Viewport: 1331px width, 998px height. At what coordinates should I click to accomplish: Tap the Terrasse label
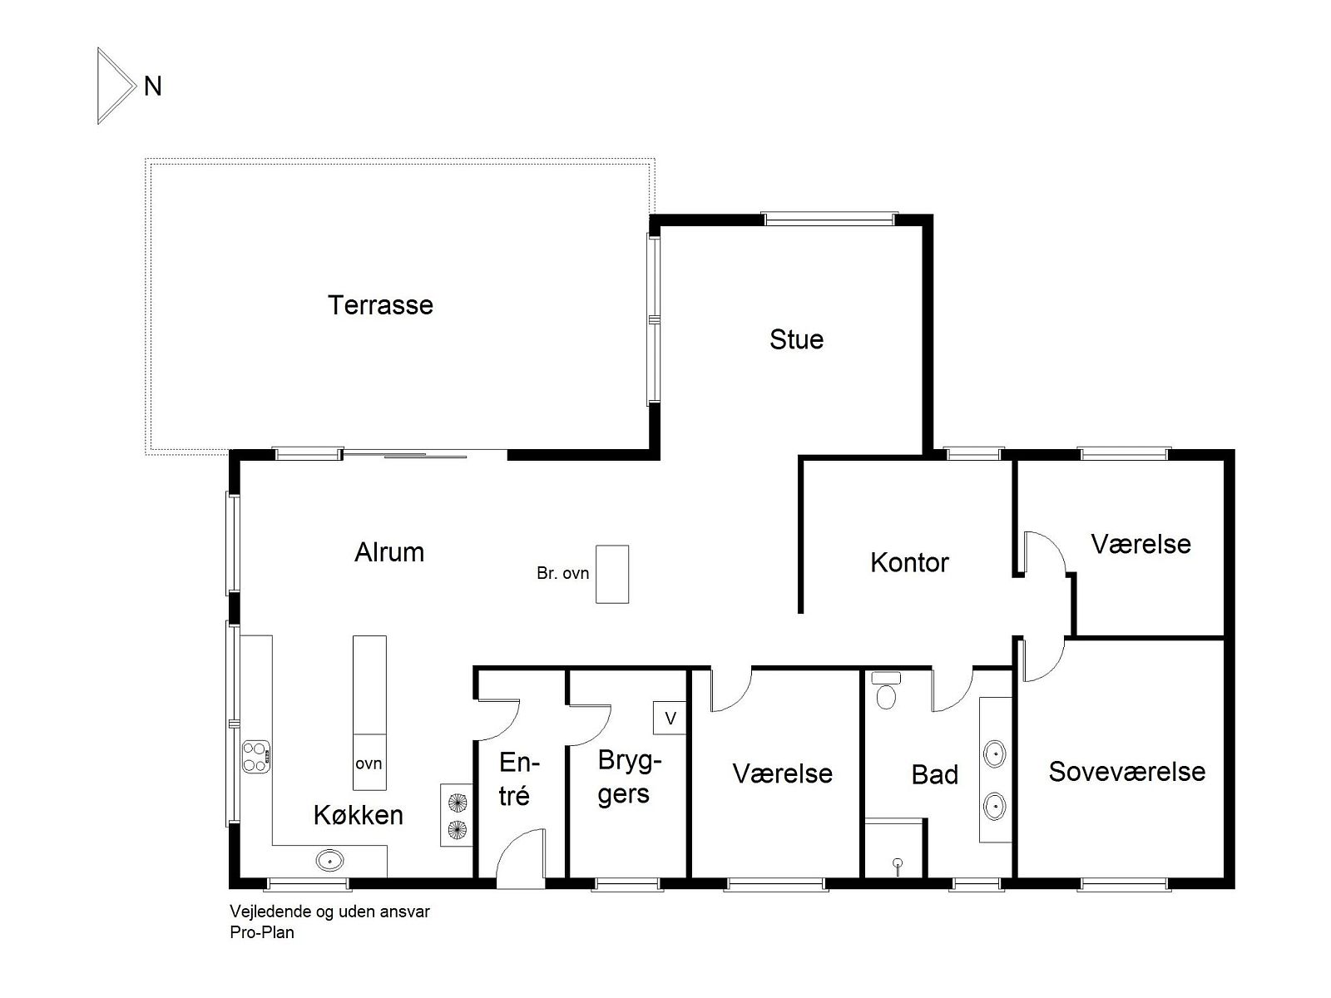point(380,304)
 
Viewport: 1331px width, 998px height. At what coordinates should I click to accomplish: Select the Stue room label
point(796,339)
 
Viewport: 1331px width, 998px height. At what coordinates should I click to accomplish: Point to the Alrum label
point(389,552)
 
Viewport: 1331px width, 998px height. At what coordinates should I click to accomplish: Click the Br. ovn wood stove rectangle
point(611,574)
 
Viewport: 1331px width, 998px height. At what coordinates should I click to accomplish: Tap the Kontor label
point(909,562)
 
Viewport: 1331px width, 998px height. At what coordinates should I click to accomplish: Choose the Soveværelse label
point(1126,772)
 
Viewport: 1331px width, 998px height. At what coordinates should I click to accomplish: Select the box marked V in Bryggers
point(670,718)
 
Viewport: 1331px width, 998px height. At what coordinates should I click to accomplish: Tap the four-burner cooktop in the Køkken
point(256,757)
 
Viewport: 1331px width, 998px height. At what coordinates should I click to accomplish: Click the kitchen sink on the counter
point(329,859)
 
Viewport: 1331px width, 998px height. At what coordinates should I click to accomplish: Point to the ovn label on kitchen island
point(369,763)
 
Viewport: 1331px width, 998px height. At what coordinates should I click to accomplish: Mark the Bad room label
point(934,774)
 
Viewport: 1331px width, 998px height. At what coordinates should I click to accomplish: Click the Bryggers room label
point(629,777)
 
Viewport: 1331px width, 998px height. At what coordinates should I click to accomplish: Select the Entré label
point(518,779)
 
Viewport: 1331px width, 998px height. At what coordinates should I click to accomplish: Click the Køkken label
point(359,814)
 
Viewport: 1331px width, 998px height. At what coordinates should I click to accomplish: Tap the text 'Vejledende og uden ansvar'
point(329,912)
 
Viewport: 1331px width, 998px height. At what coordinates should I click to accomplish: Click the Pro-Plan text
point(261,932)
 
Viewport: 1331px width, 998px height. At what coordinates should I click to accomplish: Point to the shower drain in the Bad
point(898,864)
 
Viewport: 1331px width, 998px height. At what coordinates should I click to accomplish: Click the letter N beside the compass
point(153,86)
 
